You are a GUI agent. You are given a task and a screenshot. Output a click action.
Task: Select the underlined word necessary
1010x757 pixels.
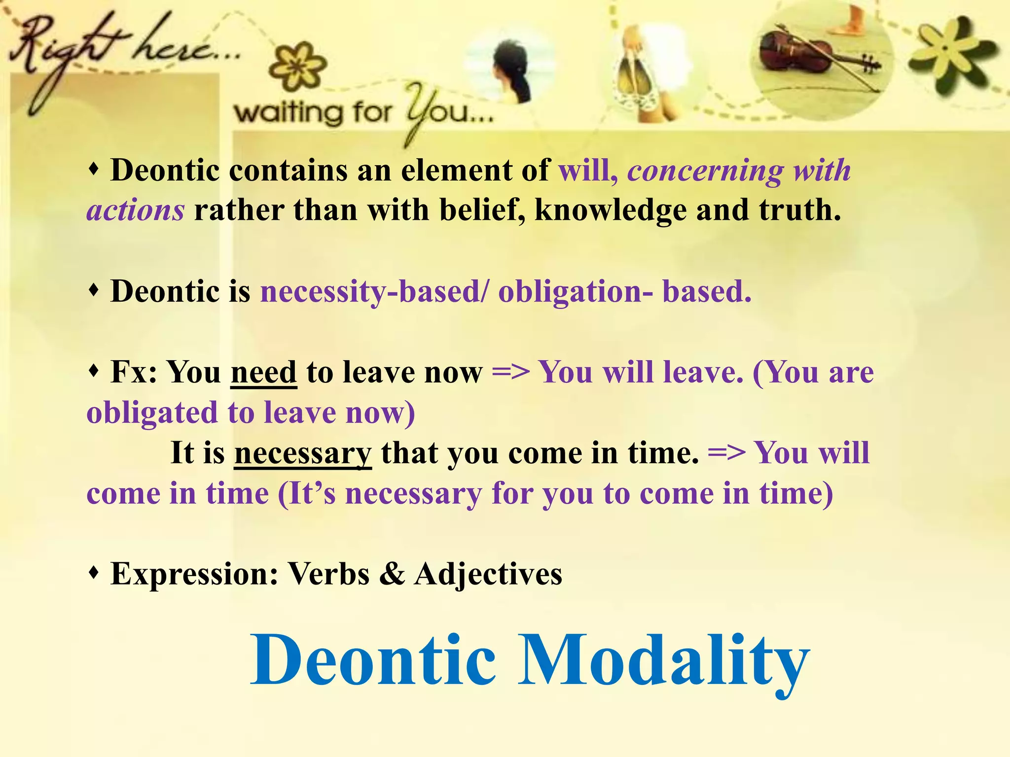tap(303, 453)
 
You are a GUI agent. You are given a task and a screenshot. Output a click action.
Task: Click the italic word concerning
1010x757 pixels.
tap(705, 171)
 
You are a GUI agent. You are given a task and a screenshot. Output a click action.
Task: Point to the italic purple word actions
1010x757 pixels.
tap(136, 210)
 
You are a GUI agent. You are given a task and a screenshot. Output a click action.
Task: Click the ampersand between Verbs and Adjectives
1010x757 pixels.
tap(392, 574)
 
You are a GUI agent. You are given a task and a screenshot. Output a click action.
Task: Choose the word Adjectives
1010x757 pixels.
tap(488, 575)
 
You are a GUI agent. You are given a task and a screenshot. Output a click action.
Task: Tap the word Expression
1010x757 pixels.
tap(194, 575)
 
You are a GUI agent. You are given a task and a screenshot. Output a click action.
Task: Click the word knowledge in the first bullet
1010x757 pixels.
tap(611, 210)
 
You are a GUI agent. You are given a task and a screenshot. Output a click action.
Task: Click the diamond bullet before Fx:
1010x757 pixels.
tap(94, 370)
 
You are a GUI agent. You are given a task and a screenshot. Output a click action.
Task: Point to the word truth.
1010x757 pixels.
tap(799, 210)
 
